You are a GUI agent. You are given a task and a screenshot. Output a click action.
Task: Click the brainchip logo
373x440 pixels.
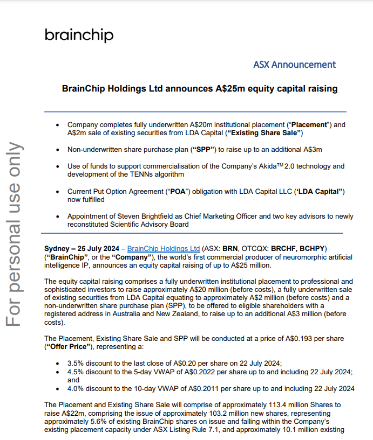coord(79,36)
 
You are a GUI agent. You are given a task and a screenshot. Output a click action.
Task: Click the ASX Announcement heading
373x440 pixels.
coord(294,65)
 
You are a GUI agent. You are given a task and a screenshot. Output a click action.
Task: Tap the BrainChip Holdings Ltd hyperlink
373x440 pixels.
coord(164,249)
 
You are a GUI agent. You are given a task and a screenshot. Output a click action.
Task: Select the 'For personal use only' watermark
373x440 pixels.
coord(15,234)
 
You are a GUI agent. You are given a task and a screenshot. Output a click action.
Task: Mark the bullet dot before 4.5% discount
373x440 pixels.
coord(58,372)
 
